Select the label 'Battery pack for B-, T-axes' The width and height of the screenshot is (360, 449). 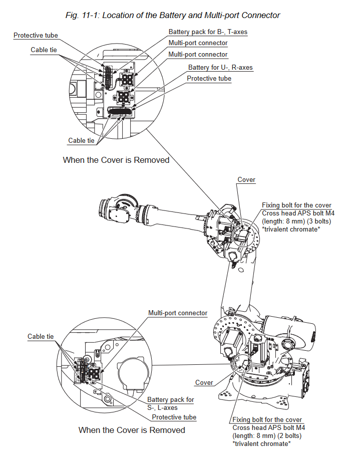click(x=208, y=32)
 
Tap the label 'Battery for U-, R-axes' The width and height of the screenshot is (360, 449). click(x=220, y=67)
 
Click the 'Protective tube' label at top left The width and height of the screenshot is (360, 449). click(x=36, y=36)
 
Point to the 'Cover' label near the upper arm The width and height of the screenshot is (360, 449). click(x=246, y=180)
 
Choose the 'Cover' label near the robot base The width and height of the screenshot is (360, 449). click(x=204, y=382)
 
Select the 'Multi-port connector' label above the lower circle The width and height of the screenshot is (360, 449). click(x=178, y=313)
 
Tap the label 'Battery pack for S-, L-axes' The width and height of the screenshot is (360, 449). click(x=170, y=403)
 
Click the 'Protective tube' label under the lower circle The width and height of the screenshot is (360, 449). click(x=174, y=417)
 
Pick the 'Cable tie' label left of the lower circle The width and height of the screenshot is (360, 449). click(x=41, y=337)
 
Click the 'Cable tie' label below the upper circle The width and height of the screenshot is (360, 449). click(x=81, y=141)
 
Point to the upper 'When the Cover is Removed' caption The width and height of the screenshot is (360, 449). click(x=116, y=160)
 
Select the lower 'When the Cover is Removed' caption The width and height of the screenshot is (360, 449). click(x=132, y=430)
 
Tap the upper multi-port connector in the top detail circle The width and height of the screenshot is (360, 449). click(x=127, y=80)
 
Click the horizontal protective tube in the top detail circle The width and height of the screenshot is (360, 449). click(x=120, y=110)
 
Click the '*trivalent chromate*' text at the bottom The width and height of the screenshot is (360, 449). click(x=261, y=443)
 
